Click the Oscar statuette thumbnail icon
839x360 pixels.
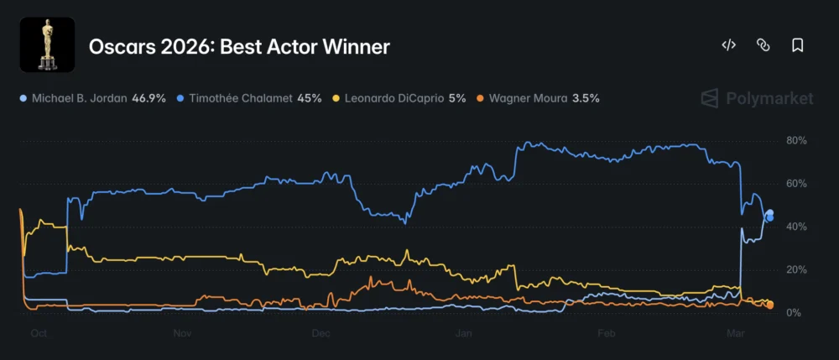(47, 44)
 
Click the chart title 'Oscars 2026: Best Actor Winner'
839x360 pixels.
(239, 46)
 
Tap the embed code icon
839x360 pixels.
(728, 45)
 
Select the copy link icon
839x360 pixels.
(763, 45)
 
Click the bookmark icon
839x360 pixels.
(797, 45)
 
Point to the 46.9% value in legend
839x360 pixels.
(148, 98)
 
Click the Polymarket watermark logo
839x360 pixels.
(757, 99)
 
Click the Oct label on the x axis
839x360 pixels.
(38, 333)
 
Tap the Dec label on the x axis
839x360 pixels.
(320, 333)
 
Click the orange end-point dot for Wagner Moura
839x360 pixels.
(770, 305)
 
